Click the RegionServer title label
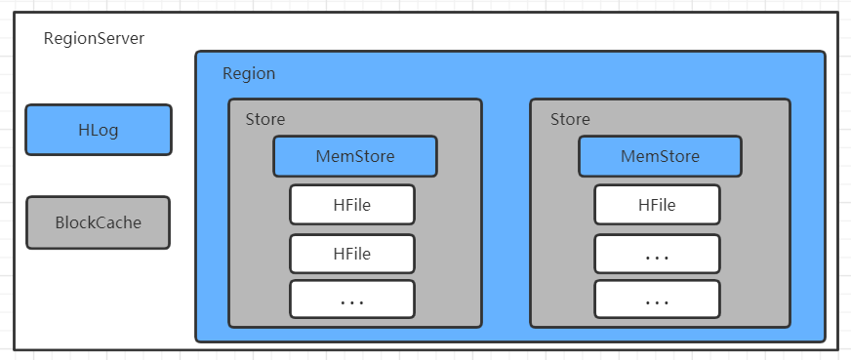pos(95,39)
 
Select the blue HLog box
pos(99,130)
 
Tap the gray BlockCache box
pos(99,222)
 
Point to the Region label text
pos(249,74)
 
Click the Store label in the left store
pos(265,119)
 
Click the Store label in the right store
pos(570,119)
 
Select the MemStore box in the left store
pos(354,156)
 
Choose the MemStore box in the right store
pos(660,156)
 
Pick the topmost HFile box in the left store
pos(351,205)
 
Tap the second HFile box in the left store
pos(351,254)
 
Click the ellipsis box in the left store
pos(351,300)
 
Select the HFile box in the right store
pos(657,205)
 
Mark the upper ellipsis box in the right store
pos(657,254)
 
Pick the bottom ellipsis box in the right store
pos(657,300)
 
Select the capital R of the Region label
pos(227,74)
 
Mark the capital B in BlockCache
pos(61,222)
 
